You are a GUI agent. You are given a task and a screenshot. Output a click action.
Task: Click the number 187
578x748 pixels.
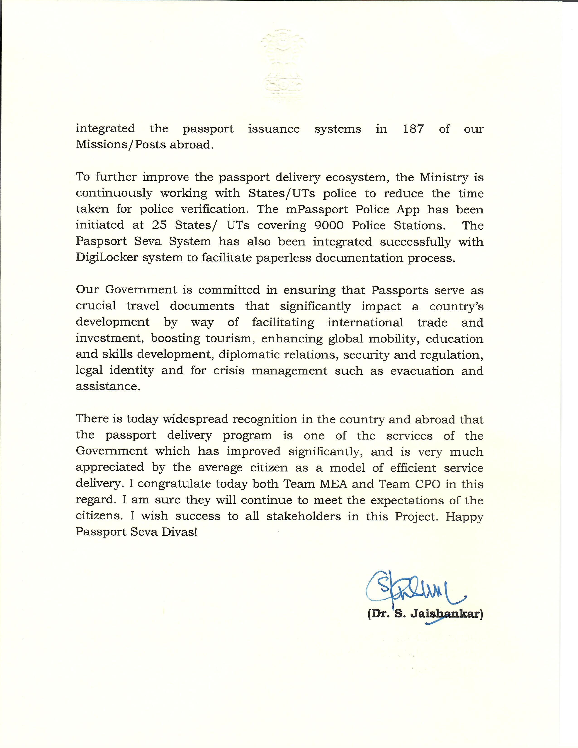413,129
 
